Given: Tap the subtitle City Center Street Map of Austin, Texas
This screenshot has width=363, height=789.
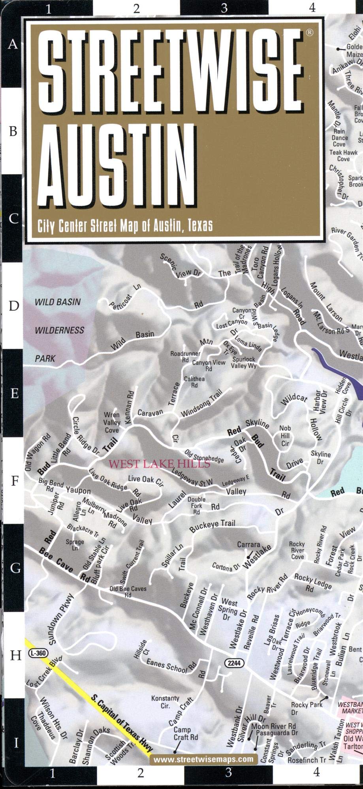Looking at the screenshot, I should pos(125,226).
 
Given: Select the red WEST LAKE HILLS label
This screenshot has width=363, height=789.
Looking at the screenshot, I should pos(159,464).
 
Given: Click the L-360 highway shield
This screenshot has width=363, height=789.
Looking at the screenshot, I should pos(38,653).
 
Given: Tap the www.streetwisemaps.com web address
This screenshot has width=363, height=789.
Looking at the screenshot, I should pos(203,759).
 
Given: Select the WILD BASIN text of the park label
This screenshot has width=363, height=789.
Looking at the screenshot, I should pos(58,302).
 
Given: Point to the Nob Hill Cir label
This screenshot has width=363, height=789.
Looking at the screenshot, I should pos(285,436).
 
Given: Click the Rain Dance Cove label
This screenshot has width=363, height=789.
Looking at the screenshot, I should pos(340,138).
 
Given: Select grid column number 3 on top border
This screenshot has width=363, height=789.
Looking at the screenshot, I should pos(224,8).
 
